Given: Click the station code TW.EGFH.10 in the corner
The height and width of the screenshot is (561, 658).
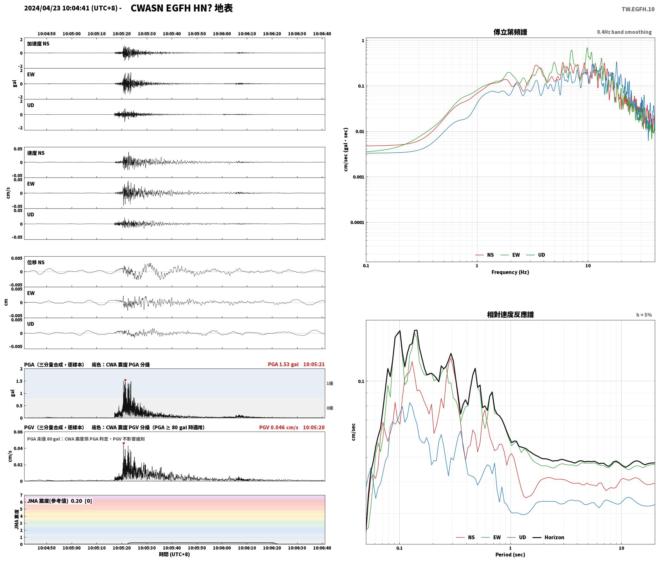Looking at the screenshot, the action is tap(638, 9).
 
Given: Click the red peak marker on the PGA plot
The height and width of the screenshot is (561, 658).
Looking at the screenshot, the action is tap(125, 380).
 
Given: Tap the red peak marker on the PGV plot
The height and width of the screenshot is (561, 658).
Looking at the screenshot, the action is tap(124, 443).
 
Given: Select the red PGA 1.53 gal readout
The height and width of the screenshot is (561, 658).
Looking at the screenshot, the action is tap(283, 364).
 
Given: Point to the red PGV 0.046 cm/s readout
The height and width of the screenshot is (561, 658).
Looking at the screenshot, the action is tap(279, 427).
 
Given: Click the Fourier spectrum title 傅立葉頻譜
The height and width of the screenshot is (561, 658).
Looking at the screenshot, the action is tap(510, 32).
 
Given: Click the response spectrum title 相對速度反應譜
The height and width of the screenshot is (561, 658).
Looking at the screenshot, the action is tap(510, 315).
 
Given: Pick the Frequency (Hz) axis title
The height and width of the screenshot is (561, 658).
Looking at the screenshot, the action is tap(510, 272).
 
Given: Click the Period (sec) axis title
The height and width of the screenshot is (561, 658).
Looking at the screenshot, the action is tap(510, 555).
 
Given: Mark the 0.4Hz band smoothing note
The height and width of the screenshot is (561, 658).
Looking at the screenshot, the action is tap(624, 32).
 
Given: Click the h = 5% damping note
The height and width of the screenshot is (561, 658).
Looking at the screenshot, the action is tap(644, 315).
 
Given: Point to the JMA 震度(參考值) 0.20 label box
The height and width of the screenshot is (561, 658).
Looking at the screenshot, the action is tap(60, 501).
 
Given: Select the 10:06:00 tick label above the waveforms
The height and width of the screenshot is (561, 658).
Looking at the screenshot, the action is tap(222, 34).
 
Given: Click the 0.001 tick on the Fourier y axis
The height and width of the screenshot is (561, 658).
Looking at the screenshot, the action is tap(358, 177).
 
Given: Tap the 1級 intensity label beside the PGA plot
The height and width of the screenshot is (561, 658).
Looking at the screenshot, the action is tap(330, 383).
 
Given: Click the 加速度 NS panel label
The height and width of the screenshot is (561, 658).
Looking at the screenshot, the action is tap(38, 44).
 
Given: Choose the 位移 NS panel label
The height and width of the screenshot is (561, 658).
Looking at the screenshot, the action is tap(36, 262).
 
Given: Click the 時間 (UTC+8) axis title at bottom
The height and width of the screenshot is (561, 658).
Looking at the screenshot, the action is tap(174, 554).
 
